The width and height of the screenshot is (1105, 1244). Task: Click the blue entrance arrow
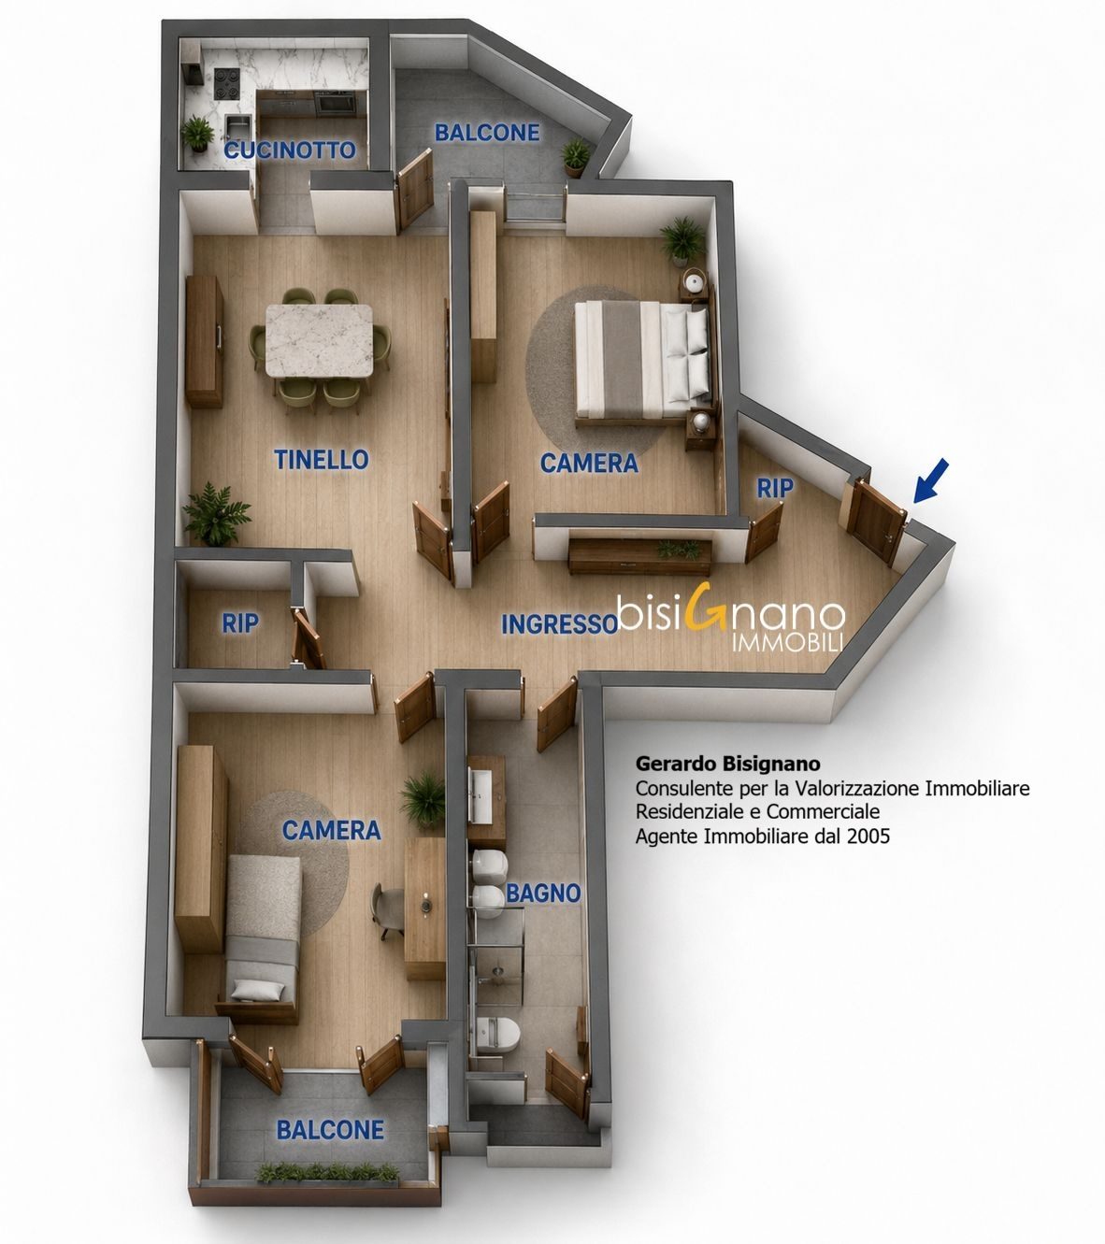(930, 480)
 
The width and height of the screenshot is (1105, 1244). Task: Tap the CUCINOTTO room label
(290, 150)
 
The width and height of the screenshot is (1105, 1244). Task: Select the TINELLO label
(322, 459)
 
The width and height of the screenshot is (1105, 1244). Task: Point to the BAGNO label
(543, 893)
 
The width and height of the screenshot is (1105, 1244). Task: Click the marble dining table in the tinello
(319, 340)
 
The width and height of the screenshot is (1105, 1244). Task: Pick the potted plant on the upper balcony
(576, 156)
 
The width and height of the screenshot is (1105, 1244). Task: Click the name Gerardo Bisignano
(728, 764)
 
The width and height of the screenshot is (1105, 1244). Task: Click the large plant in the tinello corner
(216, 513)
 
